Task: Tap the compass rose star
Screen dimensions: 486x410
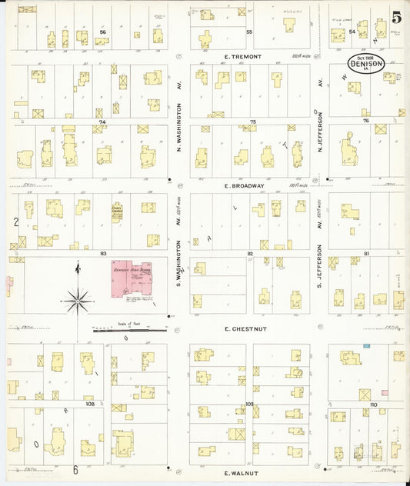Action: pyautogui.click(x=77, y=300)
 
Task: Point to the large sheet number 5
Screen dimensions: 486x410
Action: pyautogui.click(x=395, y=18)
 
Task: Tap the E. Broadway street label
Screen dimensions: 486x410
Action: pyautogui.click(x=244, y=185)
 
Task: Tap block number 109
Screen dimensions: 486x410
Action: pyautogui.click(x=249, y=403)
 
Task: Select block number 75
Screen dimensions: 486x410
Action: pyautogui.click(x=252, y=121)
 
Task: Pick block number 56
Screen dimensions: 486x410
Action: pyautogui.click(x=102, y=32)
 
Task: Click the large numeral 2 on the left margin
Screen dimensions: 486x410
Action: pyautogui.click(x=15, y=222)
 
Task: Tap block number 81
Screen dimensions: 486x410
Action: pyautogui.click(x=367, y=252)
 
